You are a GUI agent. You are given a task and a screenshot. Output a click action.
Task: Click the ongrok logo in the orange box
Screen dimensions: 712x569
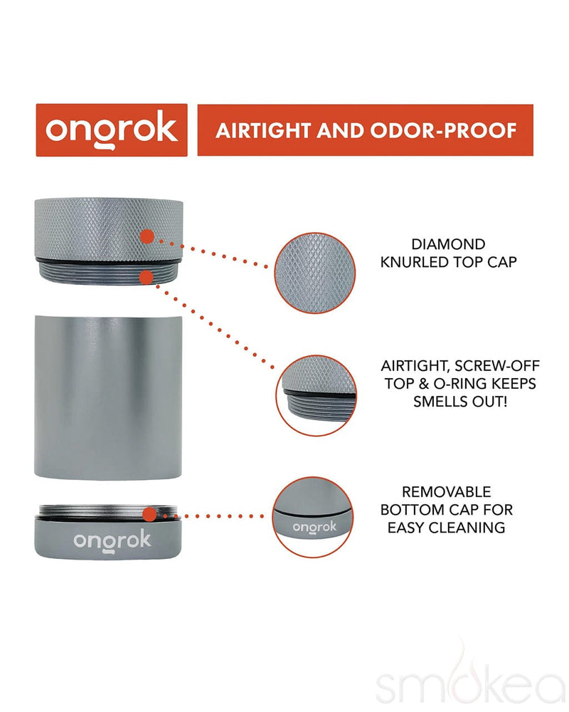[112, 130]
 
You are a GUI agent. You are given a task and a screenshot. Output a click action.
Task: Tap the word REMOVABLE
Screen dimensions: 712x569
[447, 492]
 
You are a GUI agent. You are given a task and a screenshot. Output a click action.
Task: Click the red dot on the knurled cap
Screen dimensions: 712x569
[147, 236]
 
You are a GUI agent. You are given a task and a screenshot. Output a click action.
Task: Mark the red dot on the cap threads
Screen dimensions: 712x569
[146, 275]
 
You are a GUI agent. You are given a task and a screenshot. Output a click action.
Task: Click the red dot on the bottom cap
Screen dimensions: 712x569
[149, 514]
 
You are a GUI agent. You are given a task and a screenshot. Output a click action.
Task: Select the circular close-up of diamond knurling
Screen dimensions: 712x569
[315, 273]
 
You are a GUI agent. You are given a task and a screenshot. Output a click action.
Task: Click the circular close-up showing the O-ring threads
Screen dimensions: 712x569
[315, 395]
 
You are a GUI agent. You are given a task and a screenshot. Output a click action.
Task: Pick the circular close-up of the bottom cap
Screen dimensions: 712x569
[315, 517]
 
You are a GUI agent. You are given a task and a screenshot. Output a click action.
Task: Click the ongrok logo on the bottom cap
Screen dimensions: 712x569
[112, 540]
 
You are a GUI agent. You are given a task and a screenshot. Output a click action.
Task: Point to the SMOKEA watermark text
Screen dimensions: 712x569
[469, 689]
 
